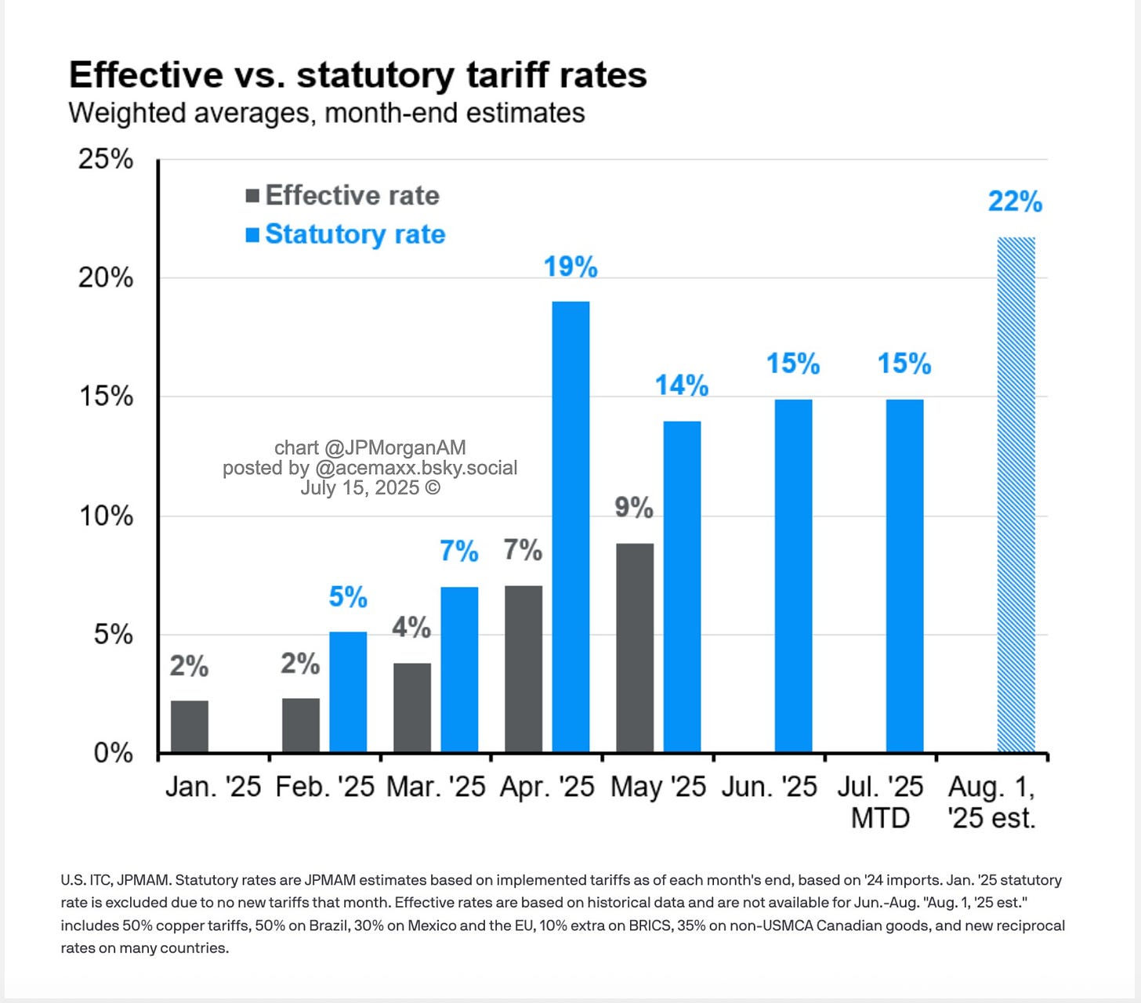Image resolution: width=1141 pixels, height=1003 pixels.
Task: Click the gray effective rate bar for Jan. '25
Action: [190, 726]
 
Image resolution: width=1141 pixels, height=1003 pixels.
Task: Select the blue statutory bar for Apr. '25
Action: [570, 527]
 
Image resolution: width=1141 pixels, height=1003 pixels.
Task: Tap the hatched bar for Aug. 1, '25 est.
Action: [1016, 495]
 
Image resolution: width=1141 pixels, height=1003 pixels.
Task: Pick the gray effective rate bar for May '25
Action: [635, 648]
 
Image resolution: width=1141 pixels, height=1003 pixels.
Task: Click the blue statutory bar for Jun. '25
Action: [793, 576]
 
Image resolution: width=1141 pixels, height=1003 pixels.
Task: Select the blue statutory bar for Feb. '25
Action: [348, 692]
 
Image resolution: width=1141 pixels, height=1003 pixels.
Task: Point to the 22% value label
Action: [1015, 202]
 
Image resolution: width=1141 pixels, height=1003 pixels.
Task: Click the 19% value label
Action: [570, 267]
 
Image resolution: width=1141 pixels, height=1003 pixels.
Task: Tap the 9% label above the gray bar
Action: [634, 508]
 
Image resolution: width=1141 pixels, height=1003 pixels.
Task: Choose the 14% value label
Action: [682, 386]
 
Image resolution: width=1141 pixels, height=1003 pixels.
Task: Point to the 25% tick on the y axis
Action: [106, 159]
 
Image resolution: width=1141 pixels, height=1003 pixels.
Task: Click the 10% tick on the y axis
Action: [106, 516]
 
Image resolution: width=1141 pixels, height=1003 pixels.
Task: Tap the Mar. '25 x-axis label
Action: [436, 787]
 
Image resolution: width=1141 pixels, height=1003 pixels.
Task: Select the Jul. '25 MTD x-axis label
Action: [880, 802]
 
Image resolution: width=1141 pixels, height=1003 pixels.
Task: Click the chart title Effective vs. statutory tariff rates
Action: [358, 75]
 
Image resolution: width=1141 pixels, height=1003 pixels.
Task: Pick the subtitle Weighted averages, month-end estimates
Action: [327, 113]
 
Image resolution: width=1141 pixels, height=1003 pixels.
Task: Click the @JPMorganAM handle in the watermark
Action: [395, 447]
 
